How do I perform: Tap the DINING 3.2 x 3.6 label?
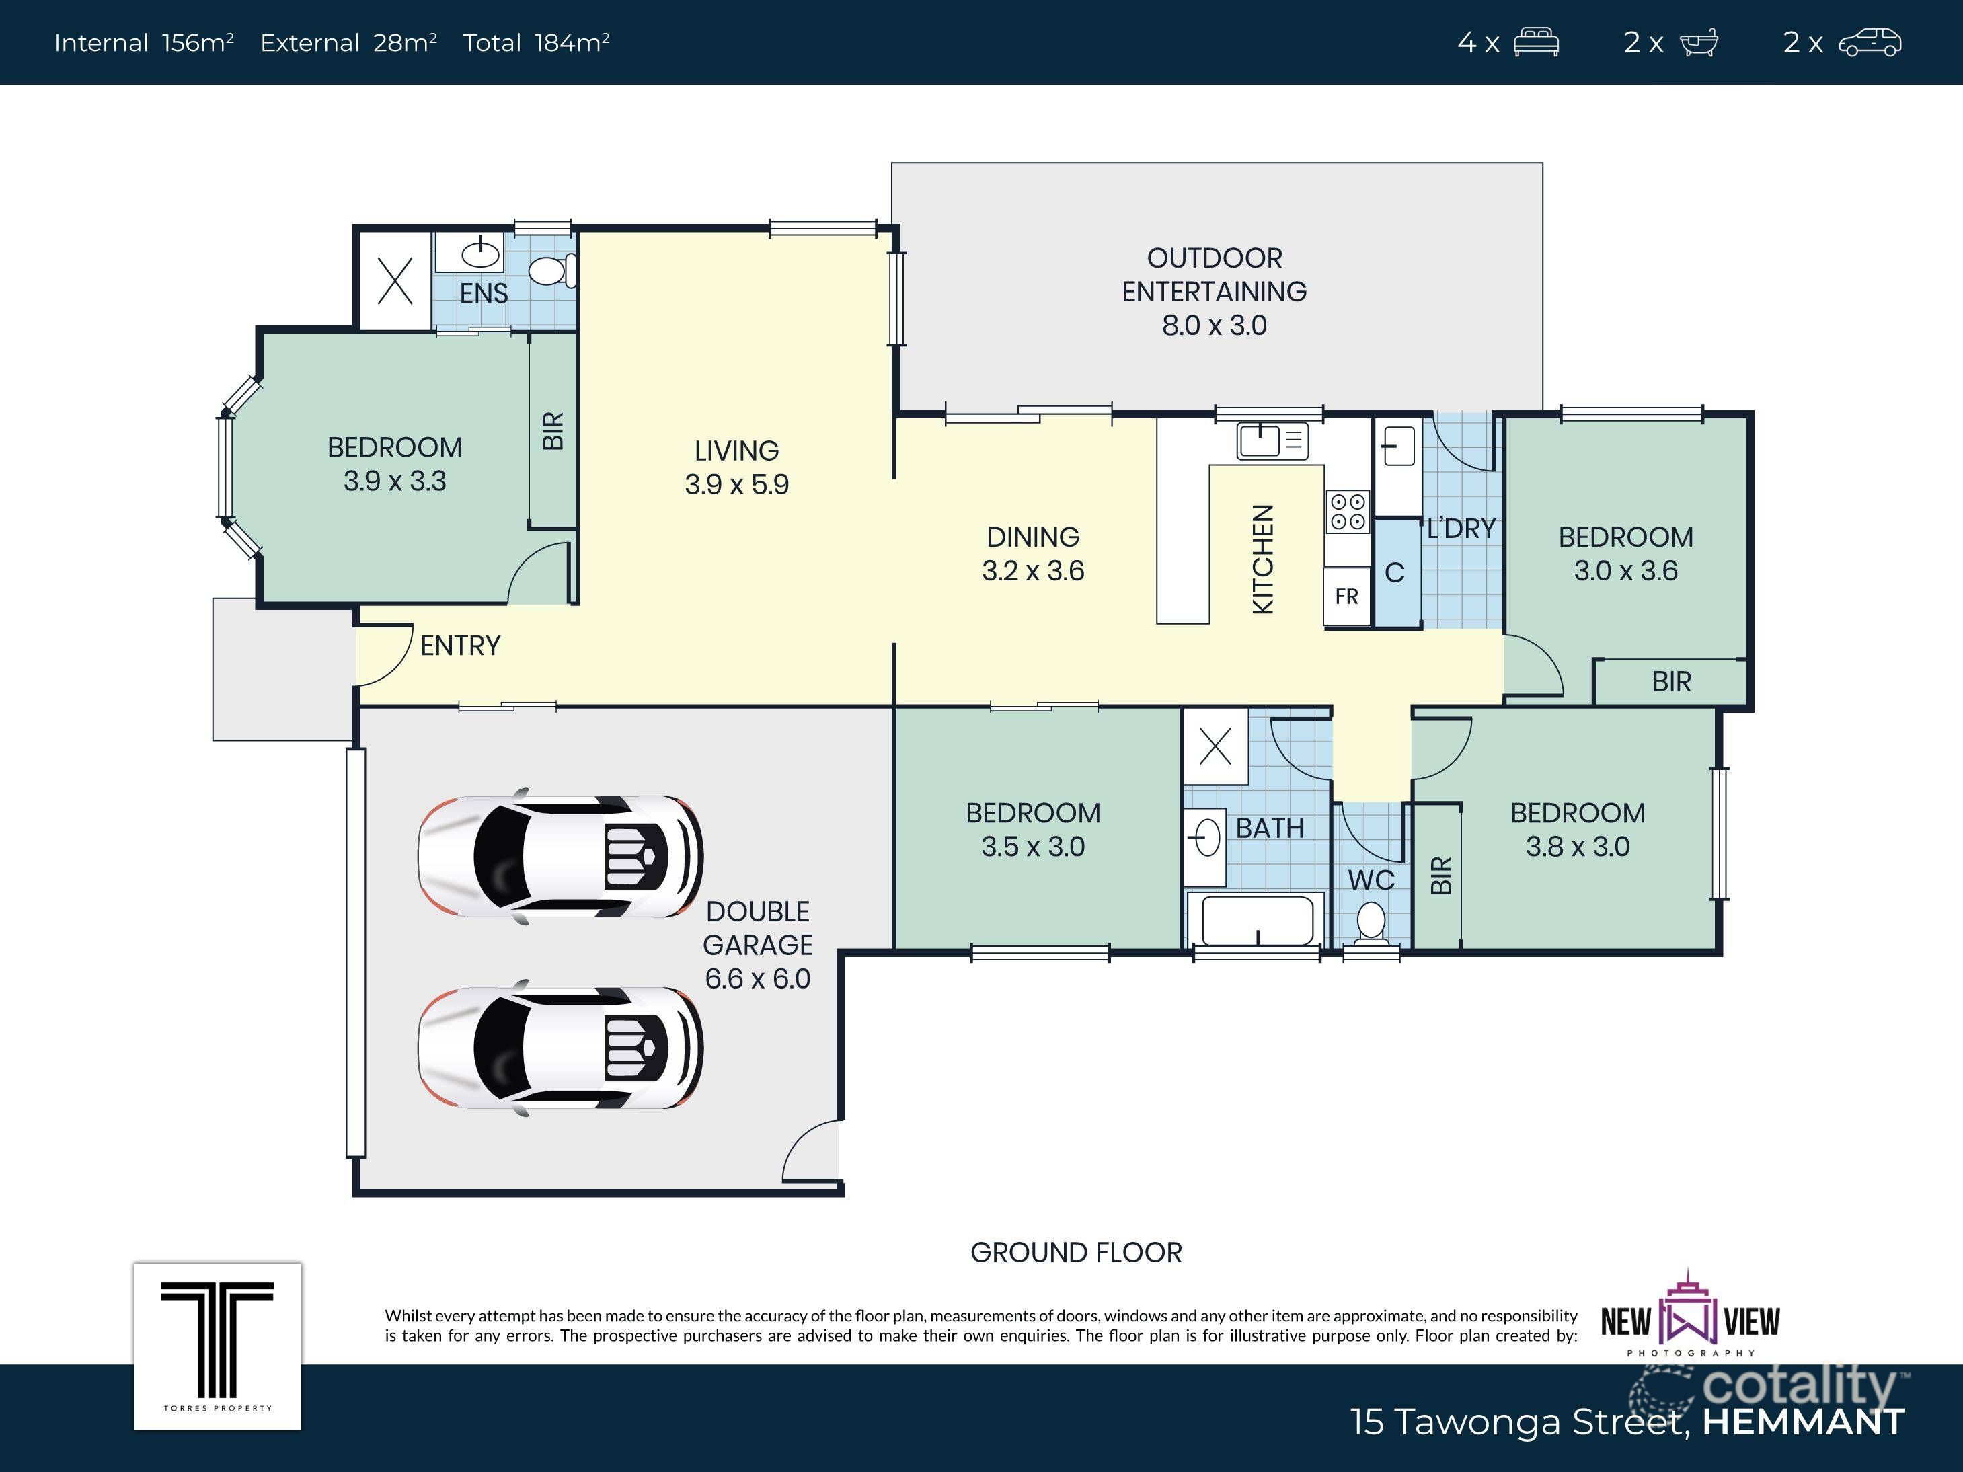pos(1033,553)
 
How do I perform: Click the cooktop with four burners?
pos(1347,512)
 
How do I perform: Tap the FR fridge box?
pos(1346,596)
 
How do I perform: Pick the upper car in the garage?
pos(561,856)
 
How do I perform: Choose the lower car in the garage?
pos(561,1047)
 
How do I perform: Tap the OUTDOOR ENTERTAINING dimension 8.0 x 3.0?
pos(1214,325)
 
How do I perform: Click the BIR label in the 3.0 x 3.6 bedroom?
pos(1671,681)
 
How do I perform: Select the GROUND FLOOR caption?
pos(1075,1253)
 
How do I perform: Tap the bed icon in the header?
pos(1536,42)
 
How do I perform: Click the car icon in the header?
pos(1870,42)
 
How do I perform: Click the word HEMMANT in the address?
pos(1803,1422)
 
